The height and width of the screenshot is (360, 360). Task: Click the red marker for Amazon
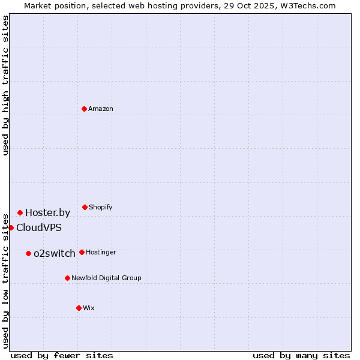(84, 109)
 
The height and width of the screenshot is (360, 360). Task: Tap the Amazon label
(101, 109)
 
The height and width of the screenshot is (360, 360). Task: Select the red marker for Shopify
(85, 207)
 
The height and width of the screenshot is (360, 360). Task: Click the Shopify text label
(101, 208)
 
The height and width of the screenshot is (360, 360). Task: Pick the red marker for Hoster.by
(20, 212)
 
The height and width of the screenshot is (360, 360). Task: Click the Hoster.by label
(47, 212)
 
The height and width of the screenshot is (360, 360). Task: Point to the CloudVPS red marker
(11, 227)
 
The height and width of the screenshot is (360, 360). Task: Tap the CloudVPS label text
(38, 228)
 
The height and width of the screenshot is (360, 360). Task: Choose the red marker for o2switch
(28, 253)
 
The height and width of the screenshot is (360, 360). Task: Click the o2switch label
(54, 254)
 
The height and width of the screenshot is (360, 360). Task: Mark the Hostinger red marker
(82, 252)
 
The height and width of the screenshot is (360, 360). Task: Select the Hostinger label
(101, 253)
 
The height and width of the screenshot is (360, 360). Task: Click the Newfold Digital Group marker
(67, 278)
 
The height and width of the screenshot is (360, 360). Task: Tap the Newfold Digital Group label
(106, 278)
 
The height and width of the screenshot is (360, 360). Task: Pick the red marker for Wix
(79, 308)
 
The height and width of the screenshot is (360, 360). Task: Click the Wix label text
(89, 308)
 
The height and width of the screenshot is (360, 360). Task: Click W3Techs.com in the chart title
(306, 5)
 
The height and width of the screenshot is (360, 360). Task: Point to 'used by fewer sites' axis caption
(62, 355)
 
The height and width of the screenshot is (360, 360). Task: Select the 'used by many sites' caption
(301, 355)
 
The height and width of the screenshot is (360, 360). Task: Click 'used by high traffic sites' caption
(5, 85)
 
